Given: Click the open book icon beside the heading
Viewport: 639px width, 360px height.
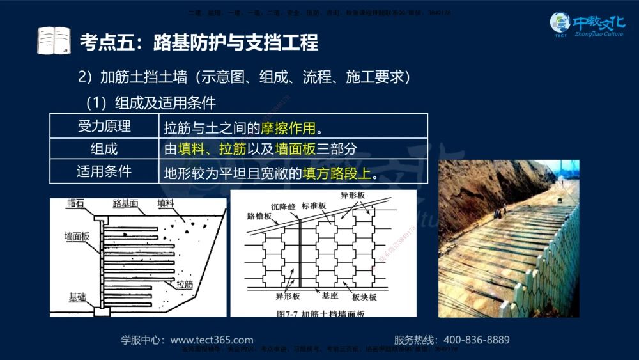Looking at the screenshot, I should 54,40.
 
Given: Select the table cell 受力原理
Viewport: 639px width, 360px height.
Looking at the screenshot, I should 104,126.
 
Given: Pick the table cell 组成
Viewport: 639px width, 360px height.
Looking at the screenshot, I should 104,149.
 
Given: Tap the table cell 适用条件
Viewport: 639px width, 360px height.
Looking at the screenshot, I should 104,172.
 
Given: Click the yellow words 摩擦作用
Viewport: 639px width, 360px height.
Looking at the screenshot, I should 288,127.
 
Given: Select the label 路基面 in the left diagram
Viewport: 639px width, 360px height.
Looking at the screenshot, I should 125,203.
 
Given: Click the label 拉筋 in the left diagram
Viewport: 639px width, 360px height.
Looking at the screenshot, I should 184,284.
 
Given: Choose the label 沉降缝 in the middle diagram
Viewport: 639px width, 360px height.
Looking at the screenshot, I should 283,207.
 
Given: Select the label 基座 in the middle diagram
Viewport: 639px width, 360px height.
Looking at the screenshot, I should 330,297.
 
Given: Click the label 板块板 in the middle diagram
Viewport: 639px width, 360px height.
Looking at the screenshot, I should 364,297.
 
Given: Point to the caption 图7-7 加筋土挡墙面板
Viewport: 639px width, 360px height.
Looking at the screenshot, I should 324,313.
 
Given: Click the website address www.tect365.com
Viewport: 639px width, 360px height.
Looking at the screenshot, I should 212,340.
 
